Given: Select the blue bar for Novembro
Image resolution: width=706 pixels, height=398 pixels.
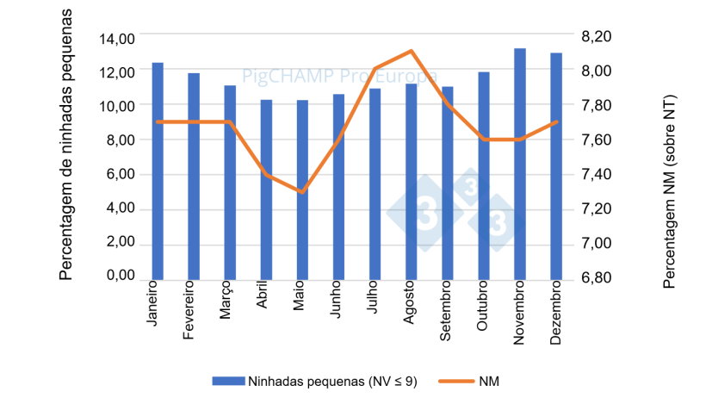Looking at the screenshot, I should (x=520, y=164).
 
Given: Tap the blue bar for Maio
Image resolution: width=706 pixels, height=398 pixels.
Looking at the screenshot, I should (x=302, y=190).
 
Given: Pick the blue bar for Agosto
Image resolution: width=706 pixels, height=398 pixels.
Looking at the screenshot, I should (x=412, y=181).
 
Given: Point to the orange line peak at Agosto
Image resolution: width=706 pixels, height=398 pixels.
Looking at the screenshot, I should (x=412, y=51).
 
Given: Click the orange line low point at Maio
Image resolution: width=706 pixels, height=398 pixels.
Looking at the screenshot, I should (x=302, y=191).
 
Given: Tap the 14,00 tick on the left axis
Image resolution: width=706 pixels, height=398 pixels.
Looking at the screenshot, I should (x=117, y=39).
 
